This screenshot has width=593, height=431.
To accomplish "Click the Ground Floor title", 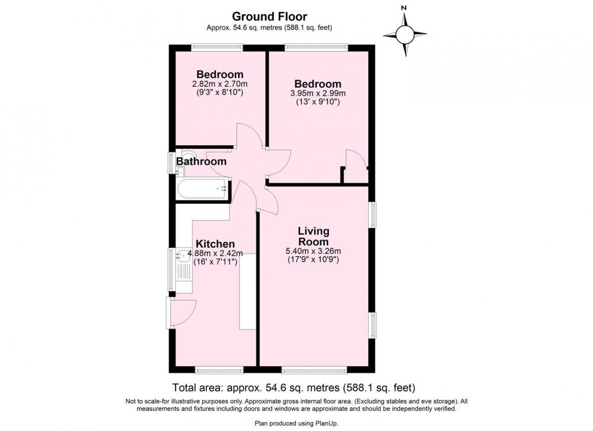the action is (269, 17).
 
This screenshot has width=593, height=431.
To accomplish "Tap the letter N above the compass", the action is (404, 8).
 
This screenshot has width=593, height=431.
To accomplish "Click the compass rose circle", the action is (405, 34).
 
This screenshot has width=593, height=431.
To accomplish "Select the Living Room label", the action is (314, 236).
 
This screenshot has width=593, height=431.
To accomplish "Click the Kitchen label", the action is (215, 244).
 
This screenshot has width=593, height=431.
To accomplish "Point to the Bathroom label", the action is (201, 161).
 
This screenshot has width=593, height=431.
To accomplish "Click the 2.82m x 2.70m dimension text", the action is (220, 84).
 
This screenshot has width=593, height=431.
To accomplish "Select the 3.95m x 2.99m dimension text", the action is (318, 94).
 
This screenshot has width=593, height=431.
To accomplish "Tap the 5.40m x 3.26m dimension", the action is (314, 251).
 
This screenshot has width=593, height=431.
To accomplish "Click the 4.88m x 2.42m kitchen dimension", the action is (215, 253).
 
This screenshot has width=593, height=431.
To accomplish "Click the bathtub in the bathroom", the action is (202, 189).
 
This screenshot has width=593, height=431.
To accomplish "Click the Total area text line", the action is (294, 388).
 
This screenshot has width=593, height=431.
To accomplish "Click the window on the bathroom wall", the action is (171, 162).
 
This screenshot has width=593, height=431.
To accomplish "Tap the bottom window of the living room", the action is (314, 369).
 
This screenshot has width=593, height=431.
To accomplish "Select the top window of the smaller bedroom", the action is (217, 47).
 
